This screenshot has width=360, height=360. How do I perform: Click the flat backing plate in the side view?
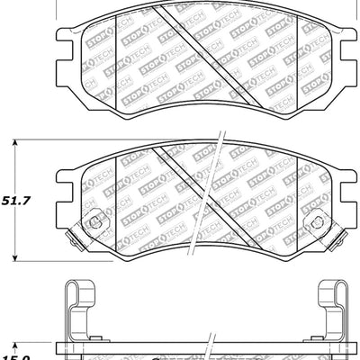tap(135, 349)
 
